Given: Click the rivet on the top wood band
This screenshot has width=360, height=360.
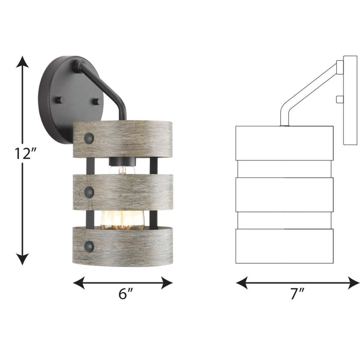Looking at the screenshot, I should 89,138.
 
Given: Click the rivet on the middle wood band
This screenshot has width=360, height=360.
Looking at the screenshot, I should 89,192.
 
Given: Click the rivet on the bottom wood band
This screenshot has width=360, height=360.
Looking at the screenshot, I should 89,246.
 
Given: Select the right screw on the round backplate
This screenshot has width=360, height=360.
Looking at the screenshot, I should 96,101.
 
